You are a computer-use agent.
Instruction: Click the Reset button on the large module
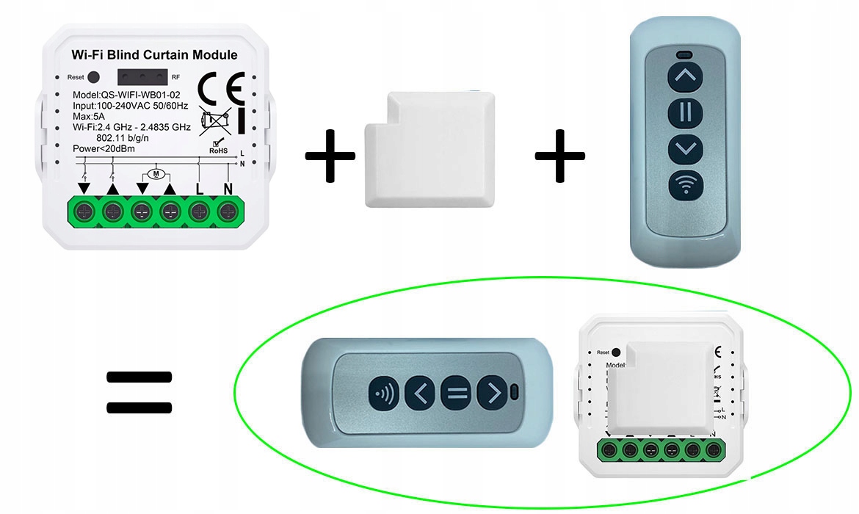(x=93, y=76)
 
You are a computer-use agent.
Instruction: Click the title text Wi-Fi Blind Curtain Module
(x=154, y=55)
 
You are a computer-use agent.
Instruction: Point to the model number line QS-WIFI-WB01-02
(x=126, y=95)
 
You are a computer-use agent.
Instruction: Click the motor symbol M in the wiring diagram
(x=155, y=173)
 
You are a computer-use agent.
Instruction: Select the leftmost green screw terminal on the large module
(x=84, y=212)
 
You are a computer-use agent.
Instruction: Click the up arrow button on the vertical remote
(x=685, y=75)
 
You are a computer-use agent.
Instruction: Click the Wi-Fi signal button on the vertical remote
(x=685, y=184)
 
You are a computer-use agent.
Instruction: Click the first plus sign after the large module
(x=330, y=156)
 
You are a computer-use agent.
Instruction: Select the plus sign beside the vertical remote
(x=559, y=156)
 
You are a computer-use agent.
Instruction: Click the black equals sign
(x=139, y=392)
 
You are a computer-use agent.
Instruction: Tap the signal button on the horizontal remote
(x=384, y=394)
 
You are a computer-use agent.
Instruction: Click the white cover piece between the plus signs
(x=429, y=151)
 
